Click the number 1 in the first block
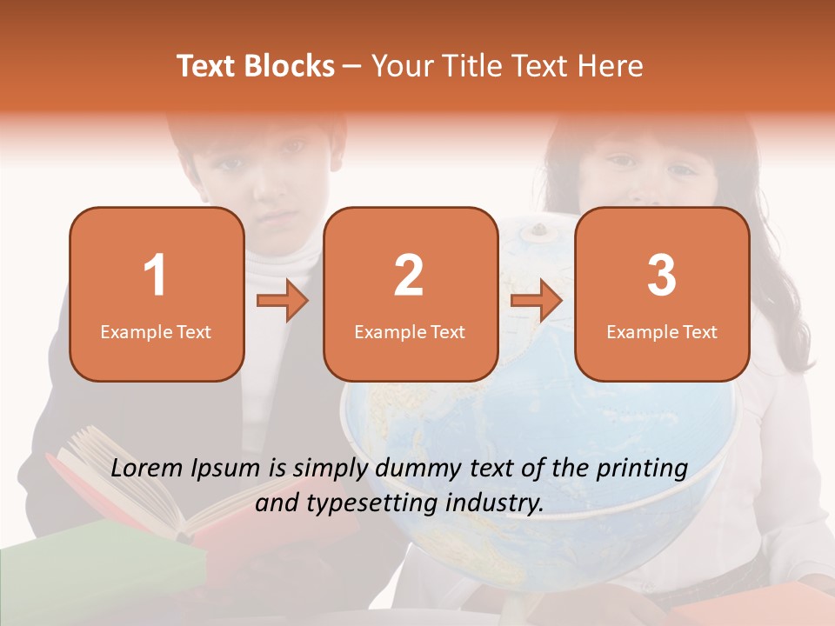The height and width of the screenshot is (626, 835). pos(156,276)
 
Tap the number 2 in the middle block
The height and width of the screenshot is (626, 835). pos(409,276)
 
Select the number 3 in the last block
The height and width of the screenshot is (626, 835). pos(662,276)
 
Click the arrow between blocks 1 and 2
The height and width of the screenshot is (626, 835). pos(283,301)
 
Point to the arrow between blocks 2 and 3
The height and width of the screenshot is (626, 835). pos(537,301)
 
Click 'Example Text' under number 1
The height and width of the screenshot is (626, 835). pos(156,332)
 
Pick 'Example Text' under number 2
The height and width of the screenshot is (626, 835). pos(410,332)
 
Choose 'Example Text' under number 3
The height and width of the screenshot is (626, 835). pos(662,332)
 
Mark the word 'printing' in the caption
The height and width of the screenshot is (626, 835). pos(641,469)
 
